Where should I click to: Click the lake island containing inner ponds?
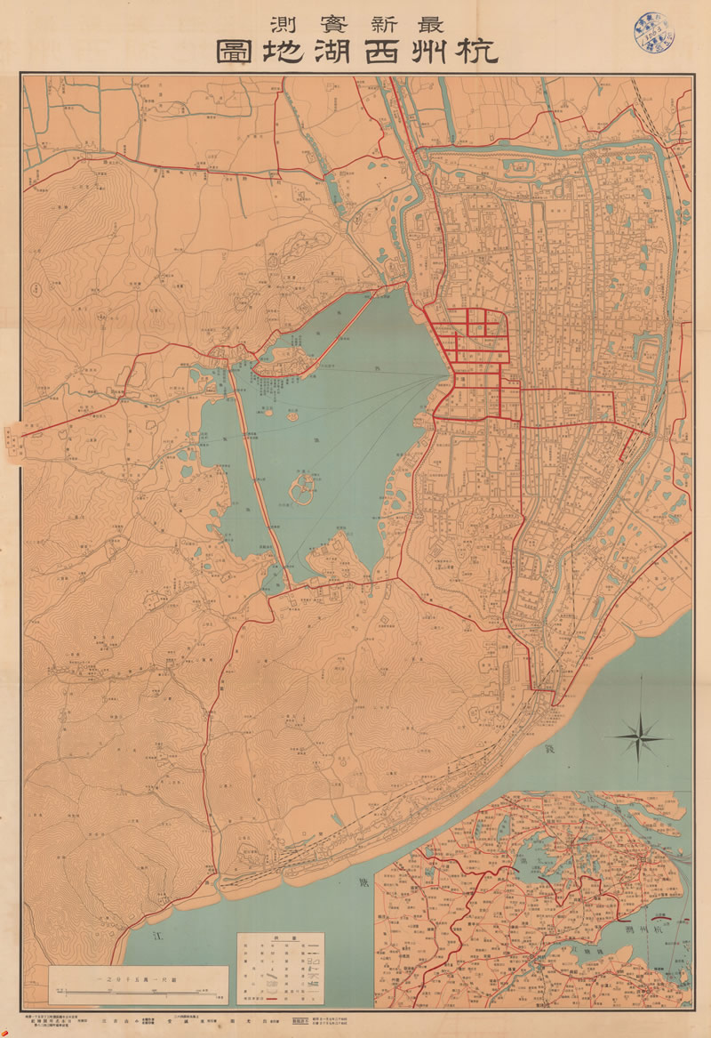(303, 488)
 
